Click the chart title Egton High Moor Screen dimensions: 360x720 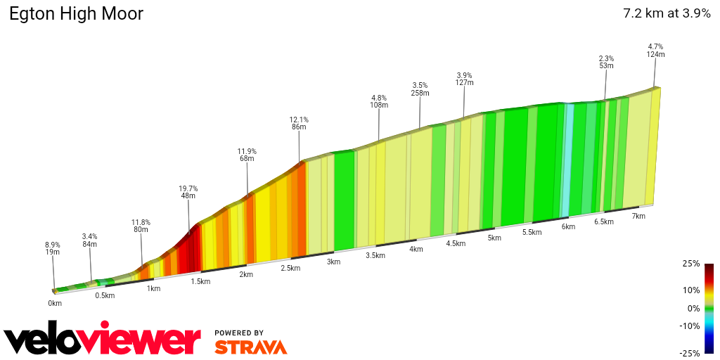[76, 13]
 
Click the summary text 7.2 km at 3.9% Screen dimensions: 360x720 [667, 13]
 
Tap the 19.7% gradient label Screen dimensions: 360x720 [188, 188]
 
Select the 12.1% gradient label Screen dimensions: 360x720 [299, 120]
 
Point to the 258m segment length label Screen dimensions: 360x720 [420, 93]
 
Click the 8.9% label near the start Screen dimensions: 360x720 [53, 245]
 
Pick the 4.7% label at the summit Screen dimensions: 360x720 [655, 46]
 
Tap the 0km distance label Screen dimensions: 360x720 [55, 303]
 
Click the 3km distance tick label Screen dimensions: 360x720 [333, 262]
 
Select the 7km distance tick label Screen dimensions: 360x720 [638, 216]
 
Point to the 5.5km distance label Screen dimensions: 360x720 [532, 232]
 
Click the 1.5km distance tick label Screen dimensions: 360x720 [200, 281]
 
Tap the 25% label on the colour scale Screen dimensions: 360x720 [692, 264]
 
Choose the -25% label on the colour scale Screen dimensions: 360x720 [690, 353]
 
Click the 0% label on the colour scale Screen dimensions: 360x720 [694, 308]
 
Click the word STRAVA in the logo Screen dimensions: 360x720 [250, 347]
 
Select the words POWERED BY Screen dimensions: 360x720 [239, 333]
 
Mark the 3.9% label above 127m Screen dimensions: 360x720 [464, 75]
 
